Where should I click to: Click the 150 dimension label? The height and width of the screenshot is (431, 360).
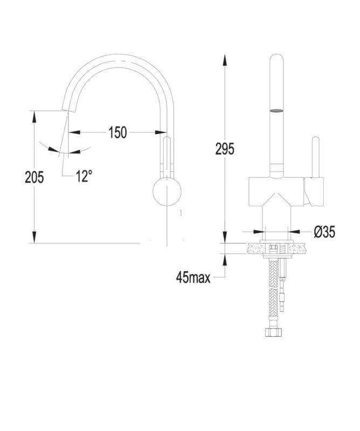(117, 133)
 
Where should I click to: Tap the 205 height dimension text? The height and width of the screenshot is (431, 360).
(34, 177)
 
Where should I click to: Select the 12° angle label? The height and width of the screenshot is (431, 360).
(84, 176)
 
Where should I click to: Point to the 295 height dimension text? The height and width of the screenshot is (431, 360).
(225, 149)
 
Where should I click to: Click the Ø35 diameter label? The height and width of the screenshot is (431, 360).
(324, 232)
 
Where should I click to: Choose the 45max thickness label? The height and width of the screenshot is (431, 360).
(193, 277)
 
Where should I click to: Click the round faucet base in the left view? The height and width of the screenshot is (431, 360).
(167, 191)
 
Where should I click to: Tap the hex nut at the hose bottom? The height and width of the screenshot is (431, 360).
(274, 332)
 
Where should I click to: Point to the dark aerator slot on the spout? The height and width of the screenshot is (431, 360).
(276, 111)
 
